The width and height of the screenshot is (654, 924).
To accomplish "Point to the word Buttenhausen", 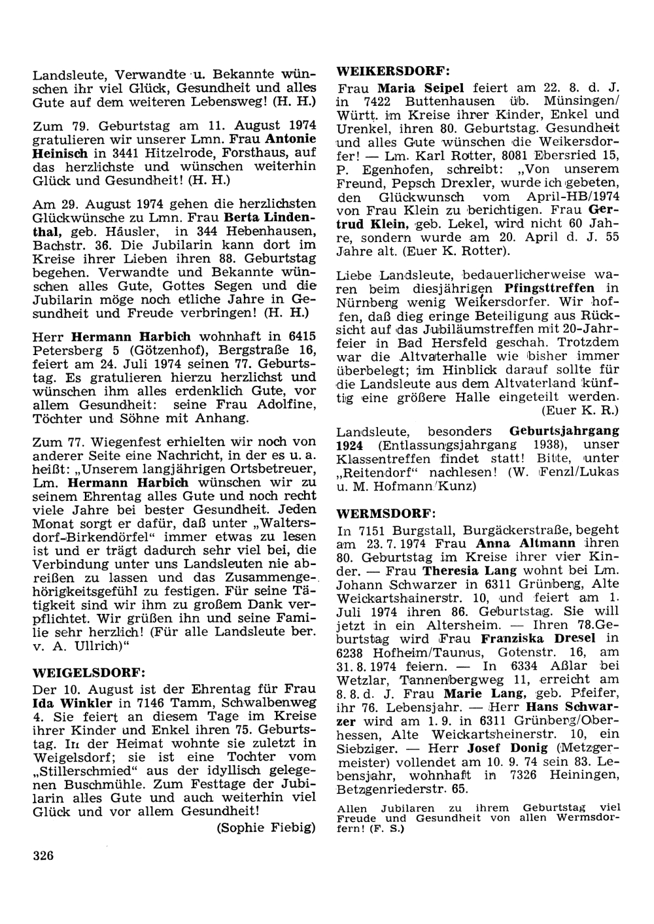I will [x=450, y=102].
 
